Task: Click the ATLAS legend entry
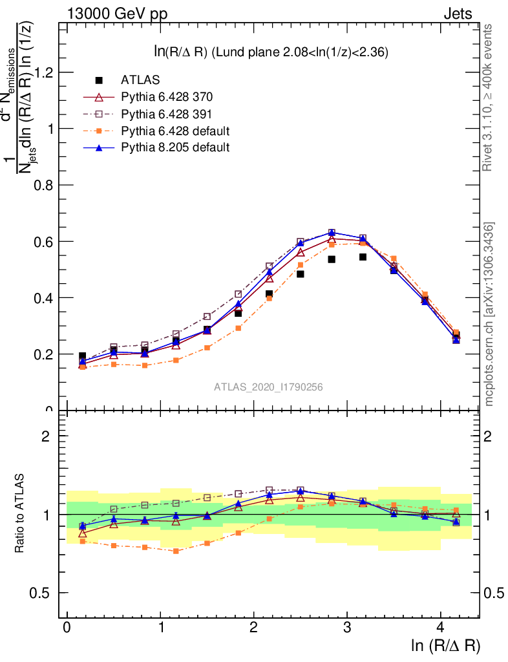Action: [x=140, y=80]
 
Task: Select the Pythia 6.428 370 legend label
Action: [x=167, y=97]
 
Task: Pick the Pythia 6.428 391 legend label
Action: [x=167, y=114]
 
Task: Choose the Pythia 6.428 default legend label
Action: [x=175, y=131]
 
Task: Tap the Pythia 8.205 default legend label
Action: [x=175, y=147]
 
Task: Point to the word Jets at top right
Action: [x=457, y=14]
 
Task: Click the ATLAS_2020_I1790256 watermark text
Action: [x=269, y=387]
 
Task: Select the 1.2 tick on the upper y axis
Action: [x=44, y=72]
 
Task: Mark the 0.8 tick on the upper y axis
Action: [x=44, y=185]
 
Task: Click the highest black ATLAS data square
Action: [x=363, y=257]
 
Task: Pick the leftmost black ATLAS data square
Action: [x=82, y=356]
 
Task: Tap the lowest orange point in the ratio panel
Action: [x=176, y=551]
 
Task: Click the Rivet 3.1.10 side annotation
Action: [x=488, y=97]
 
